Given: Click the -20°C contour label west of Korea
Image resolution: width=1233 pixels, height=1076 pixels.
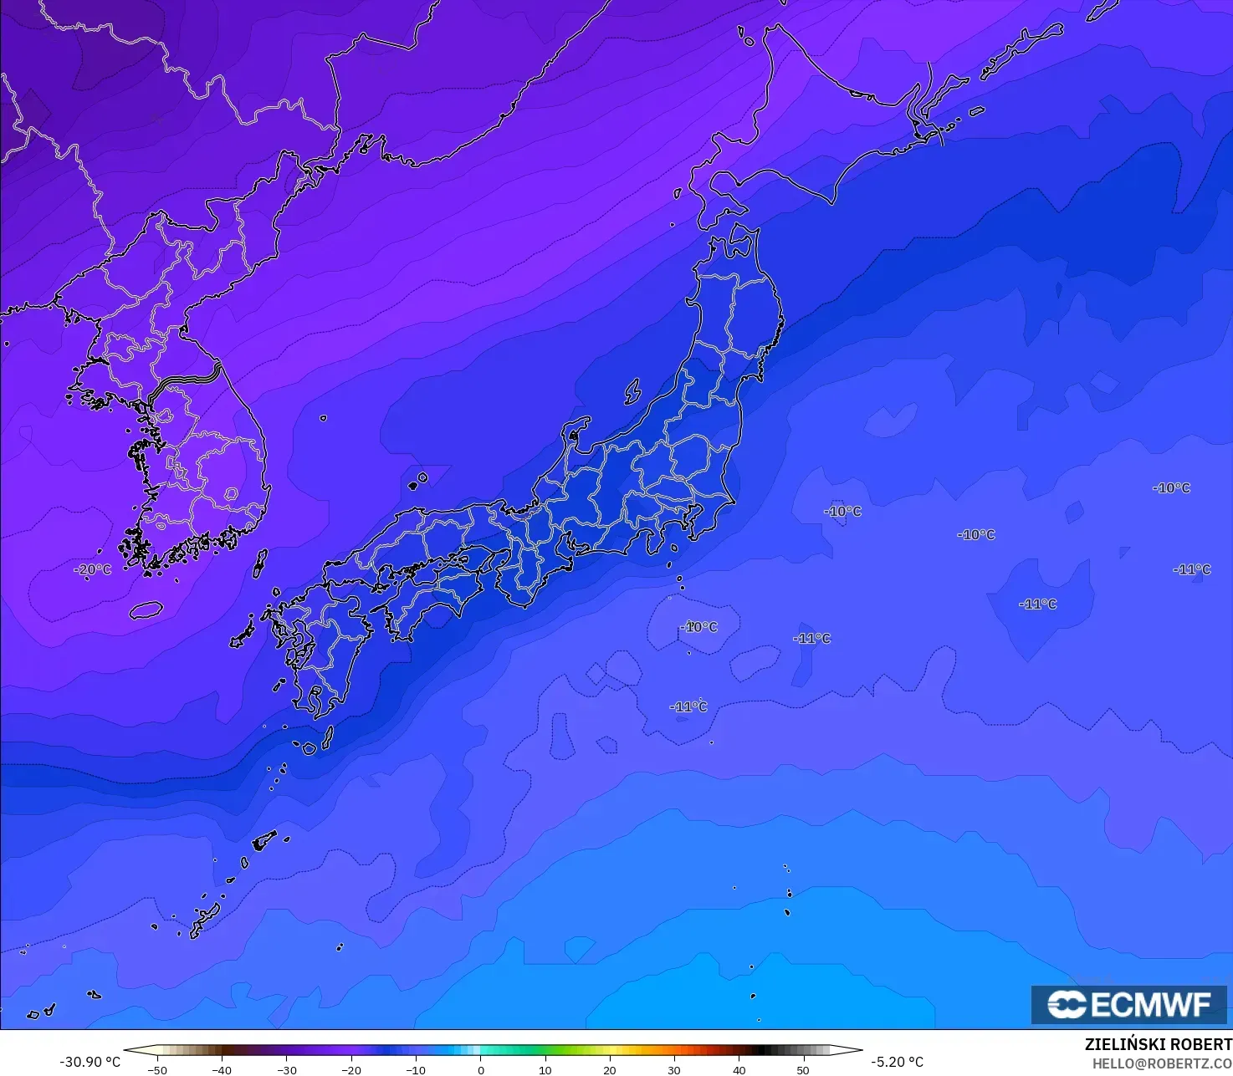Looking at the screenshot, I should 93,569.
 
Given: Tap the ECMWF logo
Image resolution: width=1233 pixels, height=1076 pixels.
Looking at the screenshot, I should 1128,1004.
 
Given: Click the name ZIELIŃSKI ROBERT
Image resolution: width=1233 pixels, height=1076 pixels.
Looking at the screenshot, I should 1158,1044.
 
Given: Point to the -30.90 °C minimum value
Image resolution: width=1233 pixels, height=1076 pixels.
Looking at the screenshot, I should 90,1062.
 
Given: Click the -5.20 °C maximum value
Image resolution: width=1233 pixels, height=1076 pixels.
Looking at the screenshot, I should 897,1062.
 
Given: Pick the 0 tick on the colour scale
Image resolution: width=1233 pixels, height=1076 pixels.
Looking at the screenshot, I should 480,1069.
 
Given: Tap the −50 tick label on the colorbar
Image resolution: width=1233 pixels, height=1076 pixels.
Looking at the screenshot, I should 156,1069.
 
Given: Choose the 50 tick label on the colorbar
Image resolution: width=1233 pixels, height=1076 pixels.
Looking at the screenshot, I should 803,1069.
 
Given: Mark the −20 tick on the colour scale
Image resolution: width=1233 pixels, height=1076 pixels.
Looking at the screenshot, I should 350,1069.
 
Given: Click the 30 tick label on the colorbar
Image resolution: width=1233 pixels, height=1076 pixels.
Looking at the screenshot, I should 674,1069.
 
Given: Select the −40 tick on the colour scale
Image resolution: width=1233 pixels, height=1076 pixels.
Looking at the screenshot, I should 221,1069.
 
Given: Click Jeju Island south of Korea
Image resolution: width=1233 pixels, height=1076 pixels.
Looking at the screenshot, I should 146,610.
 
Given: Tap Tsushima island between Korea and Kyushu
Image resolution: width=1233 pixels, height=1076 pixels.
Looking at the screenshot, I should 260,563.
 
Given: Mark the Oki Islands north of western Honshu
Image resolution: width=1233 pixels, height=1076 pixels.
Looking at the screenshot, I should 417,480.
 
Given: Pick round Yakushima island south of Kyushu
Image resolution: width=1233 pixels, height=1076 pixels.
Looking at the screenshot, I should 309,747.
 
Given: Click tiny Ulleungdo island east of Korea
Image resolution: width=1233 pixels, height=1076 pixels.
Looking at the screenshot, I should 323,418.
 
